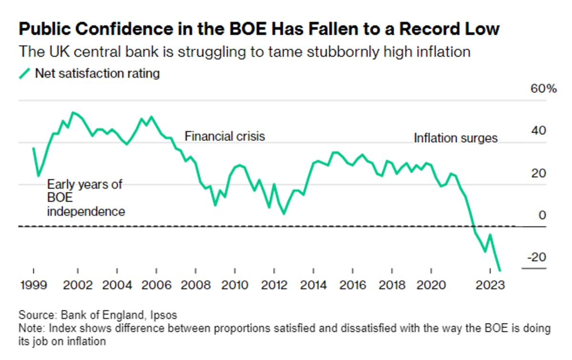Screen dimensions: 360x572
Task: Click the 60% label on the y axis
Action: pyautogui.click(x=543, y=89)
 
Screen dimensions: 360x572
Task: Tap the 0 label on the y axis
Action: pyautogui.click(x=542, y=216)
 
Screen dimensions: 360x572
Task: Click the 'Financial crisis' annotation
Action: pyautogui.click(x=225, y=136)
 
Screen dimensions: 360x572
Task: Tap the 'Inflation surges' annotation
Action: pyautogui.click(x=455, y=138)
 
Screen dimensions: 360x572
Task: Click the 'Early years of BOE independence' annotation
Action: pyautogui.click(x=86, y=198)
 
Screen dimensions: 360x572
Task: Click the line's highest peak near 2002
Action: pyautogui.click(x=72, y=113)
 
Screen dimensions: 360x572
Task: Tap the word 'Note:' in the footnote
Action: pyautogui.click(x=31, y=329)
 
